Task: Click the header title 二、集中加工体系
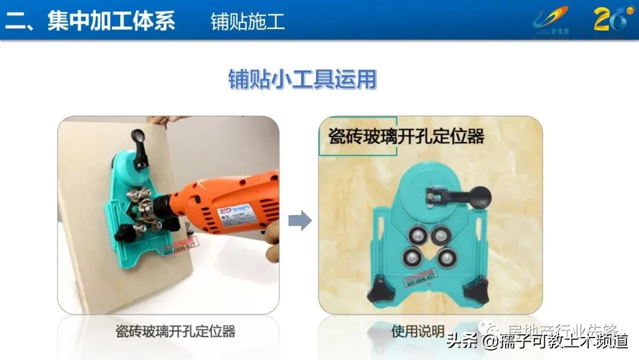pos(90,21)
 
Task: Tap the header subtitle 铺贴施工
pos(247,21)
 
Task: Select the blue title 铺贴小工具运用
pos(302,79)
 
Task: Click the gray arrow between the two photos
pos(300,221)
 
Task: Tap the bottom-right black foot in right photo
pos(477,292)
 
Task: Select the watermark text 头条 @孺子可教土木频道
pos(536,342)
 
